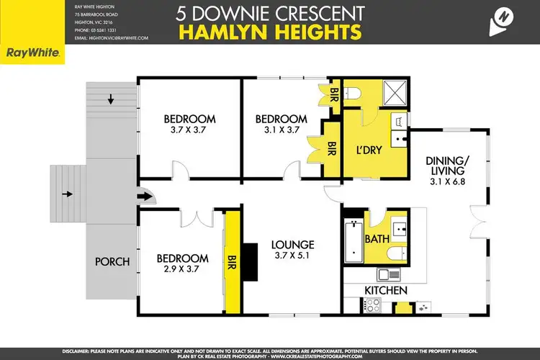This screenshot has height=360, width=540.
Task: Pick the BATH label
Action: click(377, 238)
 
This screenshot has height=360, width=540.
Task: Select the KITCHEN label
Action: click(385, 290)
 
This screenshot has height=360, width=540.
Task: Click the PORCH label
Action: click(112, 261)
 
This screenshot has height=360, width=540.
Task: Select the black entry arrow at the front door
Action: click(145, 195)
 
